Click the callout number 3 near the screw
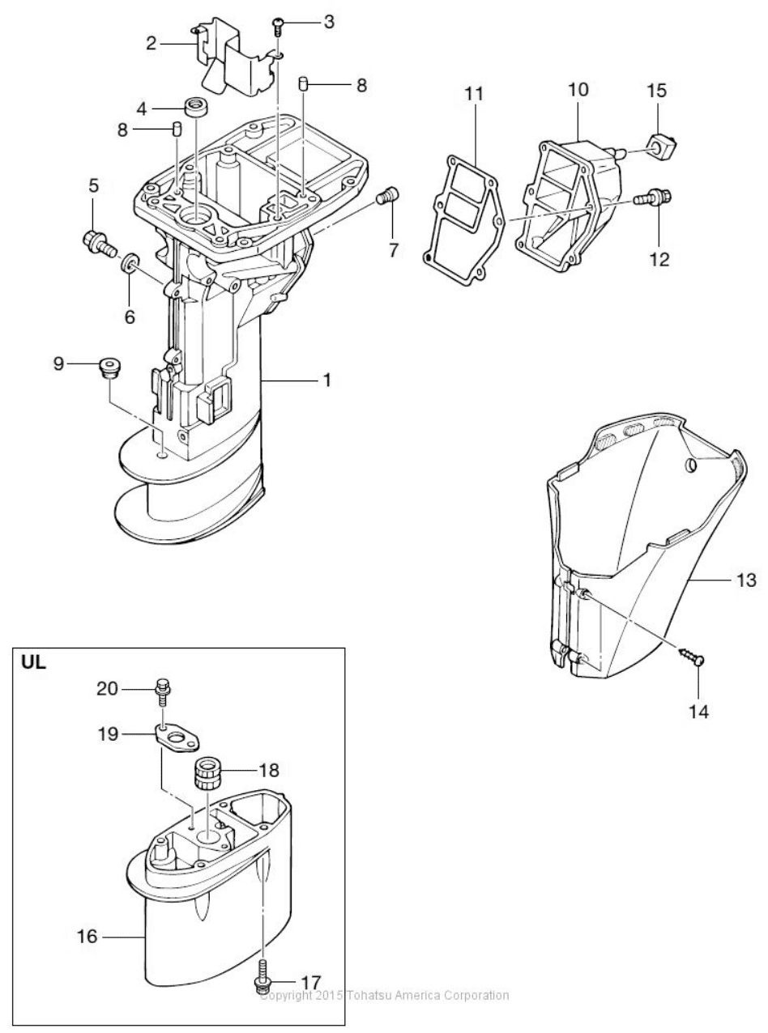point(329,23)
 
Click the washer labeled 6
point(129,262)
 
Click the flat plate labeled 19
point(177,740)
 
